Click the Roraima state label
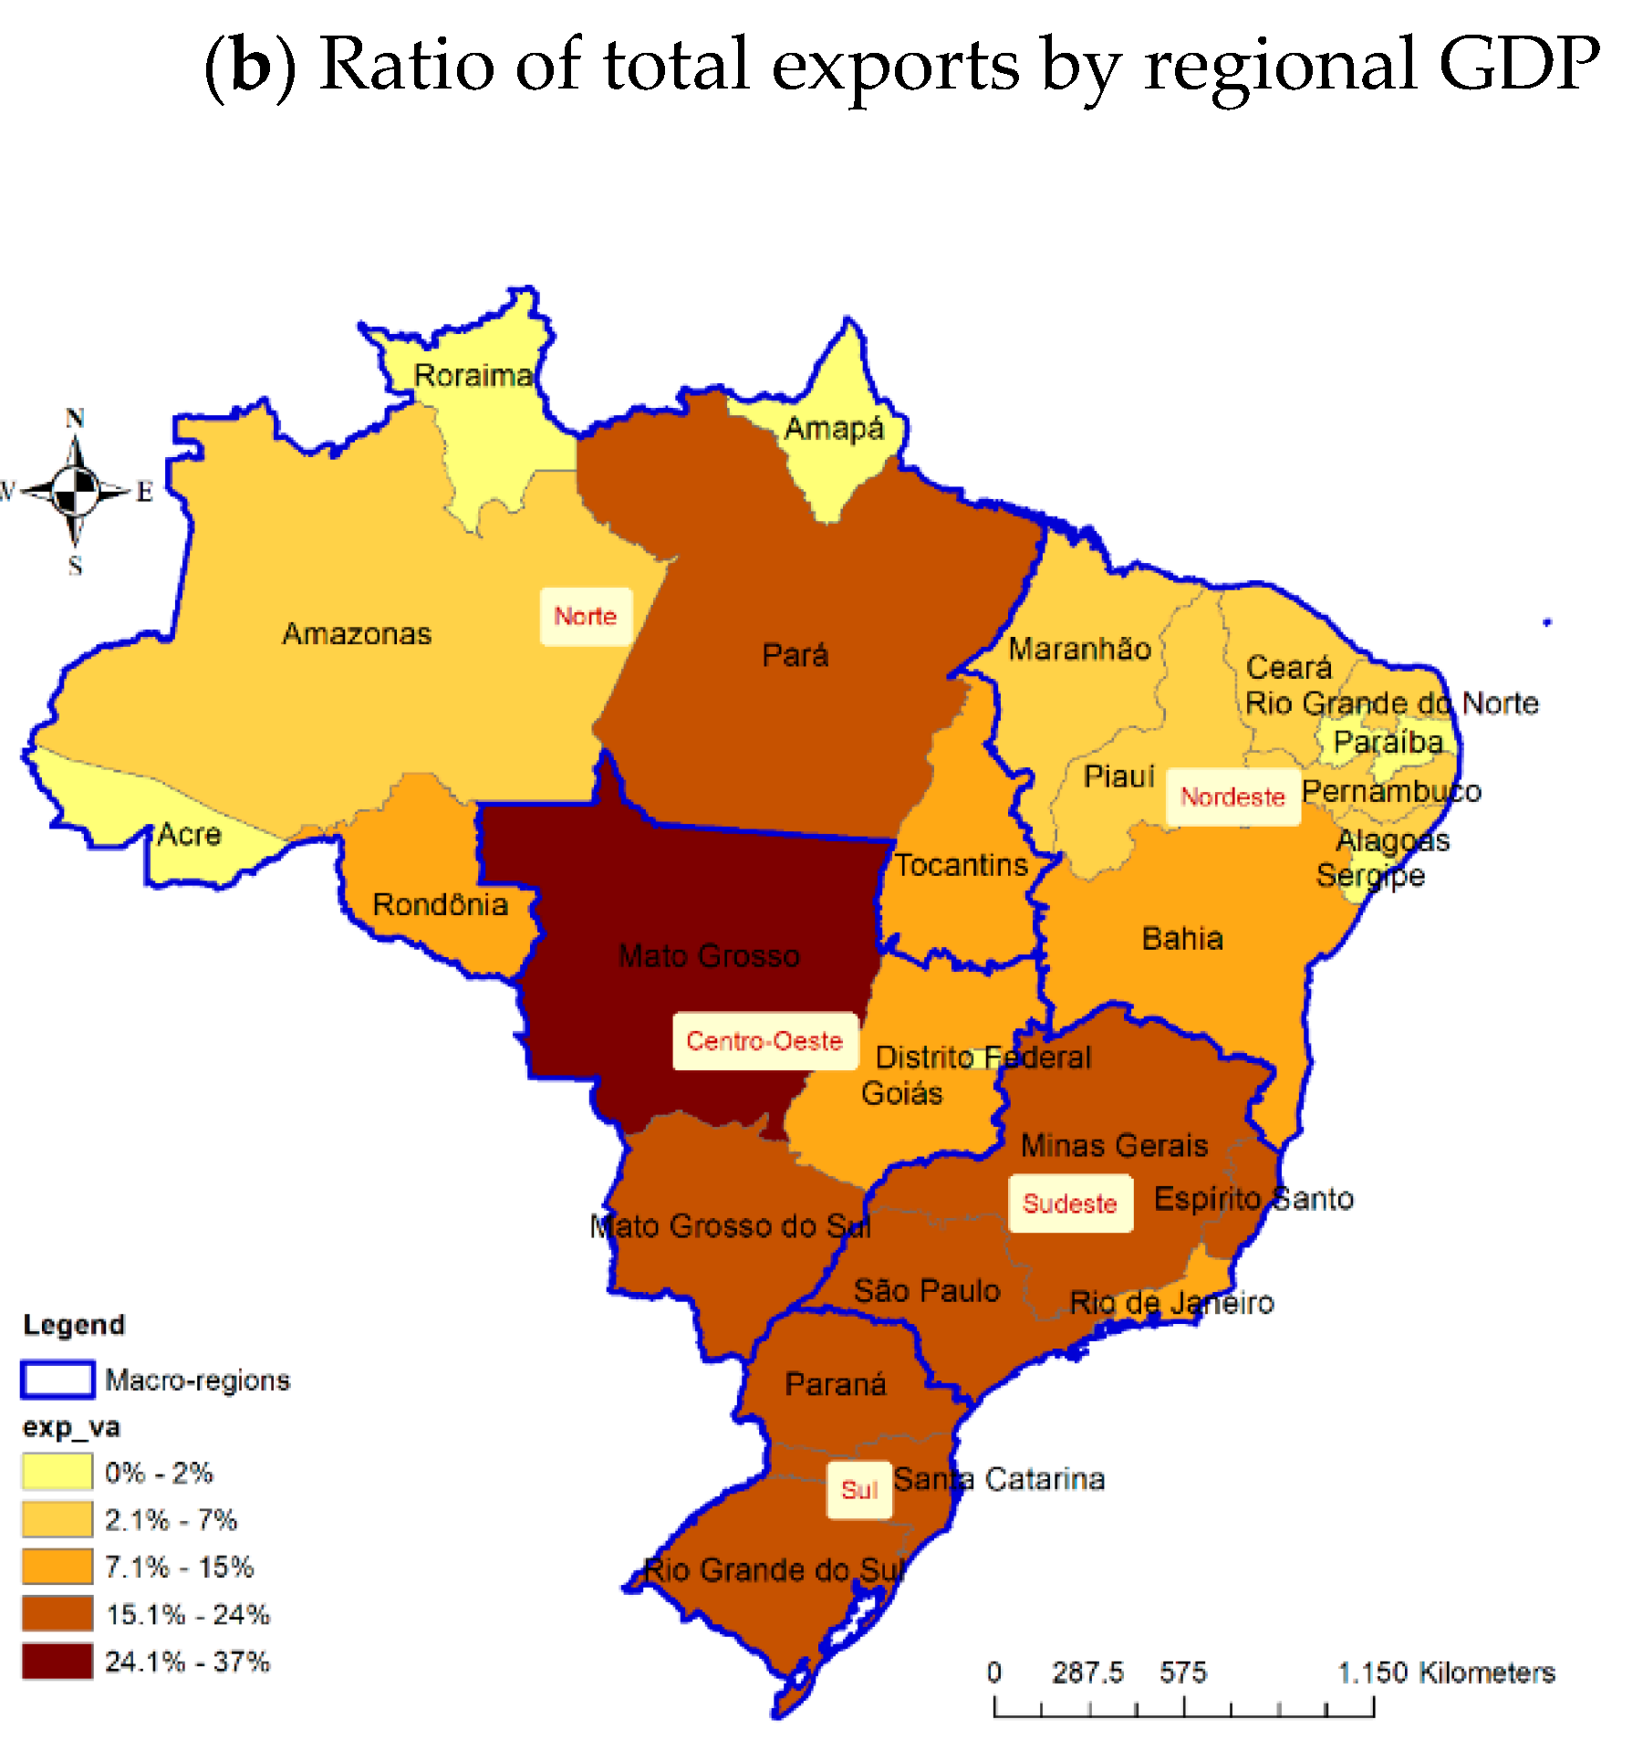coord(473,375)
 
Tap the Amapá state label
coord(833,429)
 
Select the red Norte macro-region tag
coord(586,617)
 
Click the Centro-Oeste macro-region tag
coord(764,1041)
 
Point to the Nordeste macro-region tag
coord(1232,797)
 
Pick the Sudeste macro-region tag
coord(1070,1204)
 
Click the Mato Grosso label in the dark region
coord(709,956)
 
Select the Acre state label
coord(189,835)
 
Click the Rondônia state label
coord(441,905)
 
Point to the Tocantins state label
coord(961,865)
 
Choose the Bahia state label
coord(1182,939)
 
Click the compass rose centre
coord(76,491)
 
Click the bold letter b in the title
coord(252,66)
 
